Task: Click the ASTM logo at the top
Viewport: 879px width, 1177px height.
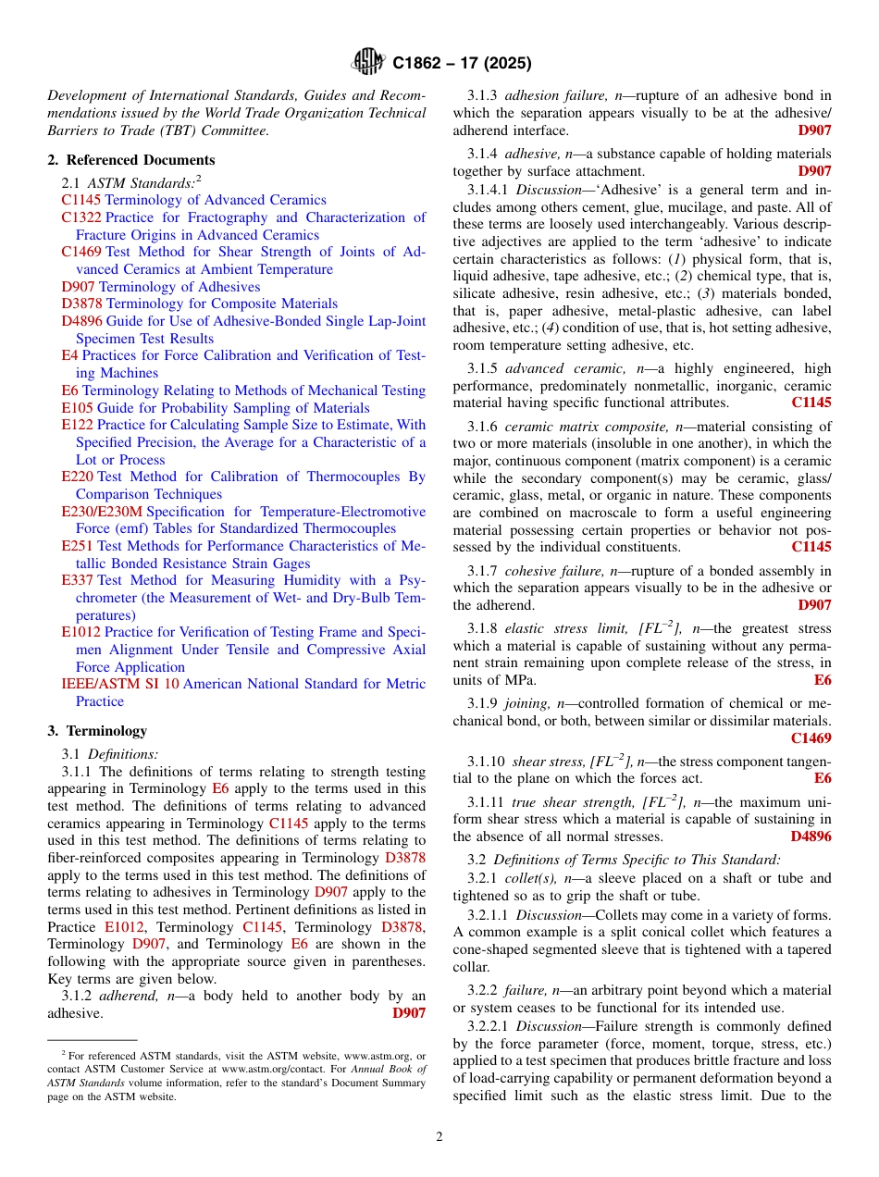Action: (x=368, y=62)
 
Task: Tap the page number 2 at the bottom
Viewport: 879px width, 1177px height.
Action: (x=439, y=1137)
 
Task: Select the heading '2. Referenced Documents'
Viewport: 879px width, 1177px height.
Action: (x=131, y=160)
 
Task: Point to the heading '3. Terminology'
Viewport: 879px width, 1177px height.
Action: (x=97, y=730)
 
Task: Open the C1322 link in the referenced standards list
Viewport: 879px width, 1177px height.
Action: (x=81, y=217)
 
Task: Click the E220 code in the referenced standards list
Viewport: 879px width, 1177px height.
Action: (x=77, y=477)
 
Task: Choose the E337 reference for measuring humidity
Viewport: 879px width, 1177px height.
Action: (x=77, y=580)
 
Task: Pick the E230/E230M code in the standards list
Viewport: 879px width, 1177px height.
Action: (x=102, y=512)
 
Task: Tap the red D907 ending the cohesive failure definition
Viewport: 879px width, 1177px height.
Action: (x=814, y=605)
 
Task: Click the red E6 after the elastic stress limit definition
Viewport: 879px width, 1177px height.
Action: (x=823, y=680)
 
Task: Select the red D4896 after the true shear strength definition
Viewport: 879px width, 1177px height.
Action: (x=811, y=836)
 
